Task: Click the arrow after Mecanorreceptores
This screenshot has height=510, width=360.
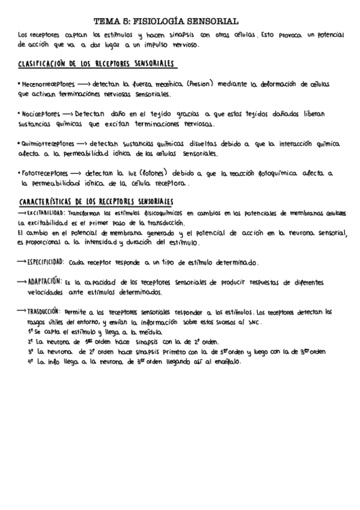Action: pos(83,85)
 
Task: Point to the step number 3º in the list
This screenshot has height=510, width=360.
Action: pos(30,352)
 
